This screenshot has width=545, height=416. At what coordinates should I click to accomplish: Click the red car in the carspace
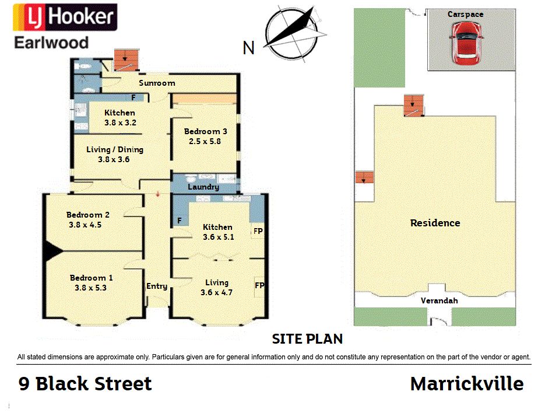[466, 44]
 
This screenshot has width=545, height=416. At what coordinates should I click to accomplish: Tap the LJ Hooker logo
[65, 17]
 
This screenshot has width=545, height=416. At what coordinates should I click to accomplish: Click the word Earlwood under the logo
[51, 43]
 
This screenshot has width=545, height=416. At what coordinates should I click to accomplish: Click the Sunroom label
[157, 83]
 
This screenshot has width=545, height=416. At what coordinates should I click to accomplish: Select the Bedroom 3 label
[205, 131]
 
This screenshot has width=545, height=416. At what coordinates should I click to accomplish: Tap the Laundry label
[203, 187]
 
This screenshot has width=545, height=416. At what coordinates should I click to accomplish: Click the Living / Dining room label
[115, 149]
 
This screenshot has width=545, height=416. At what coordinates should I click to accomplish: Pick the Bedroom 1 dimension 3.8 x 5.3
[90, 288]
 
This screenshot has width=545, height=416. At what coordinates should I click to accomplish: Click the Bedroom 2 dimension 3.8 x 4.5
[85, 225]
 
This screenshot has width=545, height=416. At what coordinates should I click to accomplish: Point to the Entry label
[157, 286]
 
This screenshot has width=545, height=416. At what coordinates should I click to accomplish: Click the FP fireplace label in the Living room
[259, 285]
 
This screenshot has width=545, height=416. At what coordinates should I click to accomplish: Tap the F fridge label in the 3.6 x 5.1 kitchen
[180, 221]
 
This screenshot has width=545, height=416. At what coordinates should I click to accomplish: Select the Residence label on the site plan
[435, 223]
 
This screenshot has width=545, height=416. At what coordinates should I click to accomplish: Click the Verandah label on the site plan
[439, 300]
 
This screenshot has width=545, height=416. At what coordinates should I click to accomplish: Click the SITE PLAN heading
[307, 339]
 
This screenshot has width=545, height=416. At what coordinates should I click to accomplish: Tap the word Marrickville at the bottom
[467, 384]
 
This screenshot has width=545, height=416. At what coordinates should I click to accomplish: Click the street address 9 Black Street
[85, 384]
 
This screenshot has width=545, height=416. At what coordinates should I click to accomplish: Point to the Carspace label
[465, 14]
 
